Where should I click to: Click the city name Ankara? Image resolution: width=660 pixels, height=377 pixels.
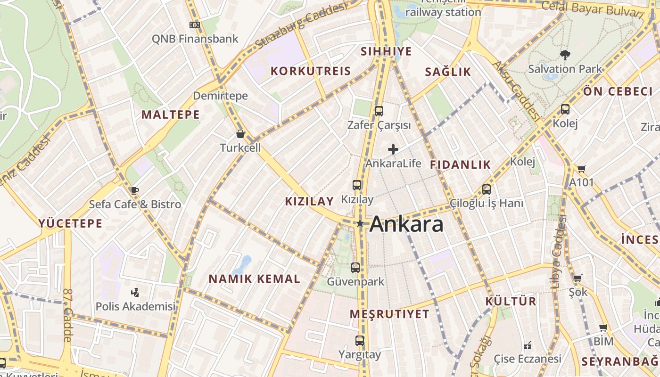[x=406, y=224]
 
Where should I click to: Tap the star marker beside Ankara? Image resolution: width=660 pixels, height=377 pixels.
[x=360, y=223]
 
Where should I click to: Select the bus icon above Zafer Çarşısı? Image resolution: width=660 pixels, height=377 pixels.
[x=379, y=111]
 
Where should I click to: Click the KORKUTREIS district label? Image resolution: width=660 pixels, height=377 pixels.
[x=311, y=71]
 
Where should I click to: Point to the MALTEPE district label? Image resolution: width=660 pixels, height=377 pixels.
[x=171, y=115]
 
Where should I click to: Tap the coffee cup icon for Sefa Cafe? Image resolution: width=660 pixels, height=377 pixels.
[x=134, y=190]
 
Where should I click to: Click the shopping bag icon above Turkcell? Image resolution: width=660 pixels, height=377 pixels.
[x=240, y=134]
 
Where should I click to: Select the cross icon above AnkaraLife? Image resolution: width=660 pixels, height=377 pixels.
[x=393, y=150]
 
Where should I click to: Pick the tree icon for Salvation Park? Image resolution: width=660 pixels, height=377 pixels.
[x=565, y=55]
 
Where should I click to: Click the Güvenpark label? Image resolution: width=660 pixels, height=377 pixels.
[x=355, y=282]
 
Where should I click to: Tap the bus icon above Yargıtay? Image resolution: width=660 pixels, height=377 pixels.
[x=360, y=340]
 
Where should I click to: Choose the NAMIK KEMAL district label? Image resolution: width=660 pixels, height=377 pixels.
[x=254, y=279]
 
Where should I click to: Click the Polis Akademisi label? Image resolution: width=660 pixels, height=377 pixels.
[x=135, y=306]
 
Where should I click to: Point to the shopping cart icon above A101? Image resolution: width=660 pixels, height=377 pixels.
[x=581, y=169]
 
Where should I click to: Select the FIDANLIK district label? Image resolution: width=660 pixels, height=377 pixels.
[x=460, y=164]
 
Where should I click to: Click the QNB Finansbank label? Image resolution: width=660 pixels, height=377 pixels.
[x=195, y=39]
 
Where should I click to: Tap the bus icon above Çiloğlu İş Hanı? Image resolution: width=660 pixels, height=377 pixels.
[x=486, y=189]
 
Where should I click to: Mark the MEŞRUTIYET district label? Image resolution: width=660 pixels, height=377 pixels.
[x=389, y=314]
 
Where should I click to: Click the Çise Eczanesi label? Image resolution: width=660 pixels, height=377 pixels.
[x=527, y=359]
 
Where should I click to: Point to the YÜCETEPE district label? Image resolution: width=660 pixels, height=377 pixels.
[x=70, y=223]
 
